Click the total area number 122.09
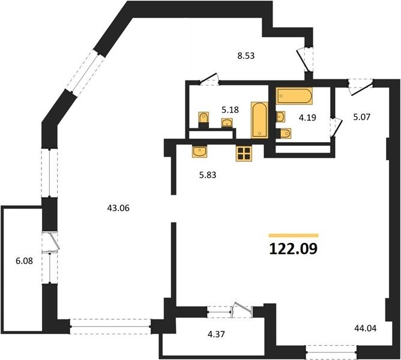(x=294, y=248)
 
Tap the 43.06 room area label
(x=118, y=208)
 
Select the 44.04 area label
(x=366, y=328)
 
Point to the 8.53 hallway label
(x=246, y=55)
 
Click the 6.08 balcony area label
(x=24, y=261)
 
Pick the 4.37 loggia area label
(x=216, y=334)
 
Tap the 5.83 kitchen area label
(x=208, y=175)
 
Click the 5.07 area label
(x=361, y=117)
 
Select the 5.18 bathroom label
(x=230, y=110)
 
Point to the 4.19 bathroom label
(x=308, y=118)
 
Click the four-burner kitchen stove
(x=244, y=154)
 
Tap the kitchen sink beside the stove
(x=199, y=151)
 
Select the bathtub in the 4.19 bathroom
(x=294, y=96)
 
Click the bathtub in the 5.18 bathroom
(x=259, y=120)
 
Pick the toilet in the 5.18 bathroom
(x=204, y=119)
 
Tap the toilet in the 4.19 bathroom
(x=283, y=133)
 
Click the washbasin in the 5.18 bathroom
(x=227, y=123)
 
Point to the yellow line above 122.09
(x=294, y=235)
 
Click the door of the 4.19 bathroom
(x=337, y=127)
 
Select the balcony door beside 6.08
(x=54, y=242)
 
